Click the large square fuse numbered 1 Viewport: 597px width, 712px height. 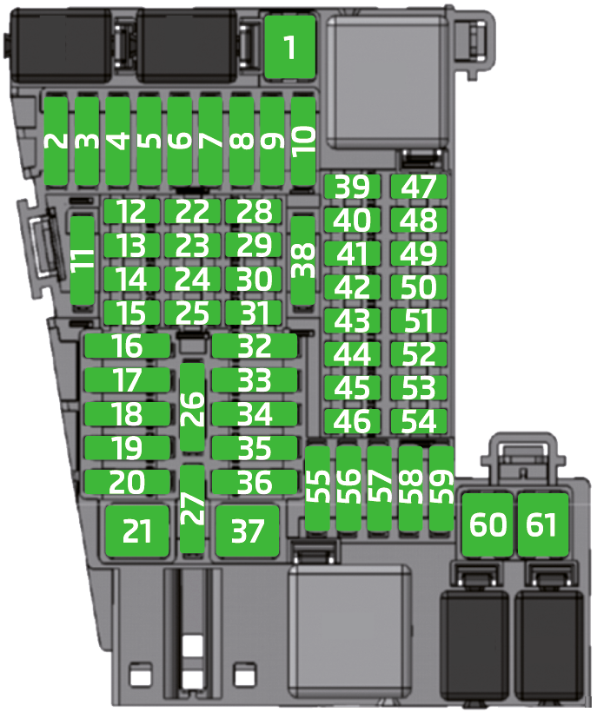tap(289, 47)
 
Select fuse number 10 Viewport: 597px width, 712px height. tap(303, 142)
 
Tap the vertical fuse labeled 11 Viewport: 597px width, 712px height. tap(83, 260)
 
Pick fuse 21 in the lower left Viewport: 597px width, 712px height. tap(137, 531)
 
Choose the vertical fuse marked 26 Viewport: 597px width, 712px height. tap(193, 407)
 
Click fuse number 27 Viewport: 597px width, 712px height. tap(193, 509)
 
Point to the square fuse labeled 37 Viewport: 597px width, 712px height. tap(247, 531)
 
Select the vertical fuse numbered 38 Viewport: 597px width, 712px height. tap(302, 260)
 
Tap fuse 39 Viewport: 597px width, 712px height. tap(352, 187)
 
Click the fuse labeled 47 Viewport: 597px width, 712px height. tap(419, 187)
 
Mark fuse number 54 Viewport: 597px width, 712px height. tap(419, 421)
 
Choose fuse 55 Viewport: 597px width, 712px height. tap(317, 489)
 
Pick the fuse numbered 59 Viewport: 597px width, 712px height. tap(441, 489)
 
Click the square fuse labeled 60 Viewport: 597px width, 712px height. tap(488, 525)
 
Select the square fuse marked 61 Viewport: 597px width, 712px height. tap(543, 525)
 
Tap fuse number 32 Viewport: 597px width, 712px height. tap(255, 346)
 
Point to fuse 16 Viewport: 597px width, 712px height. tap(128, 346)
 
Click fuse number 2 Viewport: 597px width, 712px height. tap(56, 142)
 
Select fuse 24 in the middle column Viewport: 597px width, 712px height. tap(193, 280)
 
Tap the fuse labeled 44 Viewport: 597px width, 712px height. tap(352, 354)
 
